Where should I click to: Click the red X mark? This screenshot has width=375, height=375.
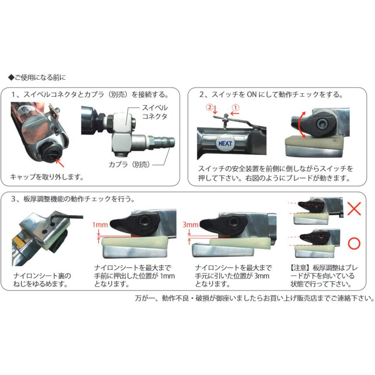click(354, 209)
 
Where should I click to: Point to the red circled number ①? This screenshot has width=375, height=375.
click(235, 106)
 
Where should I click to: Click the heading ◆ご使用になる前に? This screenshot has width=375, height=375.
click(37, 77)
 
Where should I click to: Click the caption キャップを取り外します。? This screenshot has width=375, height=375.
click(47, 177)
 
